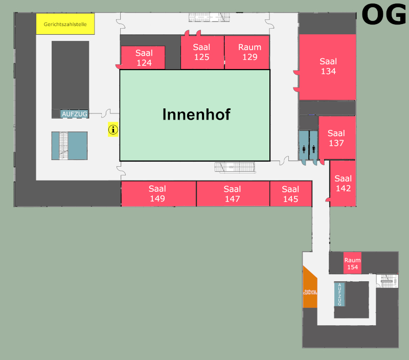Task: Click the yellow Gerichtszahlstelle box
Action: click(65, 24)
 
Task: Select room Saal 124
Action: click(143, 58)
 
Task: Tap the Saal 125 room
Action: click(202, 52)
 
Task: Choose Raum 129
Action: click(249, 52)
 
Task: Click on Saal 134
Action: click(328, 66)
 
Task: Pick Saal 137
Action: click(336, 138)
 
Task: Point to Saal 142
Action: click(343, 183)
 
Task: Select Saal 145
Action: click(290, 194)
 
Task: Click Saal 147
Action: click(232, 194)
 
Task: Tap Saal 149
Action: click(157, 194)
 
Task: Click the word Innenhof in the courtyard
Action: click(196, 115)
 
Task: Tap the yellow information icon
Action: click(113, 130)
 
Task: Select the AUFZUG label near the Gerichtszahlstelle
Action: click(75, 114)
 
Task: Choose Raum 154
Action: click(352, 263)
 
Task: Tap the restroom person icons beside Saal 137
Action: click(308, 149)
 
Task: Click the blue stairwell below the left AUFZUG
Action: click(69, 146)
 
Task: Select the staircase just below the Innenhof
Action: click(235, 167)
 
